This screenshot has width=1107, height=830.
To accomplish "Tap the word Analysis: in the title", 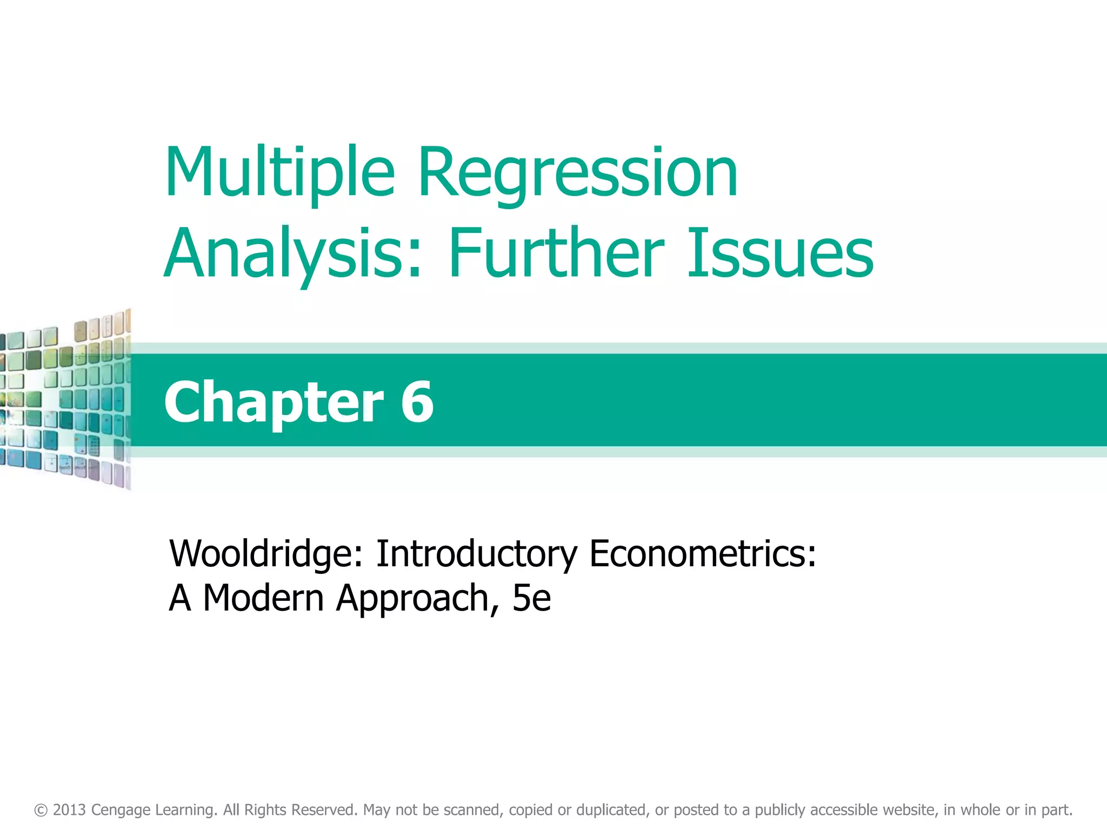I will pos(292,254).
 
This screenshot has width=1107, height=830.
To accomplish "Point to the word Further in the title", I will pos(556,254).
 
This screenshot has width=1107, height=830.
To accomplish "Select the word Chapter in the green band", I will pos(274,403).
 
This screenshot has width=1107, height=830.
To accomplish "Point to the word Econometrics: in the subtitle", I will pos(703,554).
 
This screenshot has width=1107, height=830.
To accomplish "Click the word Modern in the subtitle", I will pos(263,598).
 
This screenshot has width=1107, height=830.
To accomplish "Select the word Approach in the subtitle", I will pos(413,598).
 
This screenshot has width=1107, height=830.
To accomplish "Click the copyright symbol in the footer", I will pos(41,810).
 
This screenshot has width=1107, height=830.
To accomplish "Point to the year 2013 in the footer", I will pos(69,810).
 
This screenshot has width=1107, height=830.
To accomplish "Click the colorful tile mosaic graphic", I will pos(65,400).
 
